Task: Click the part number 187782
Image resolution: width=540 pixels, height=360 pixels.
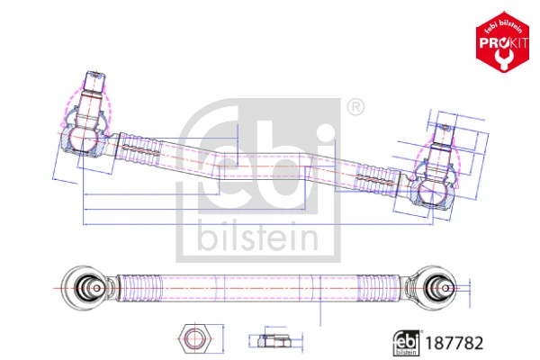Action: point(458,343)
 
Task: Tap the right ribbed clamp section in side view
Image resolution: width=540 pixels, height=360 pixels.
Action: point(377,178)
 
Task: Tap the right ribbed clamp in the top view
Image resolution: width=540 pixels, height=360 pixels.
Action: point(379,286)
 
